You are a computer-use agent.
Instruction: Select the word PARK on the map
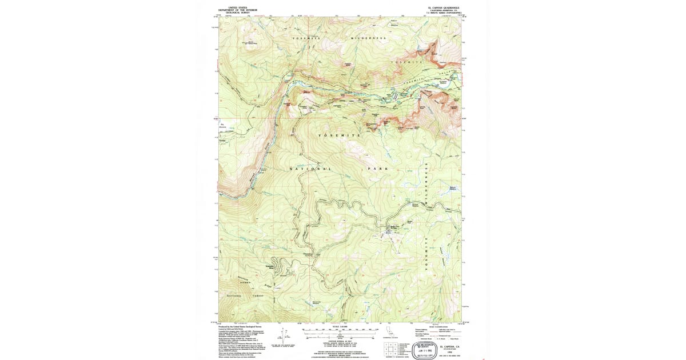click(378, 169)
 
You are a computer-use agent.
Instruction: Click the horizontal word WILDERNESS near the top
click(369, 38)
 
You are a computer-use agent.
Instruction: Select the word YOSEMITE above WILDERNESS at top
click(308, 38)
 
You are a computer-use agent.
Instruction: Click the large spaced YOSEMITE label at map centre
click(338, 135)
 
